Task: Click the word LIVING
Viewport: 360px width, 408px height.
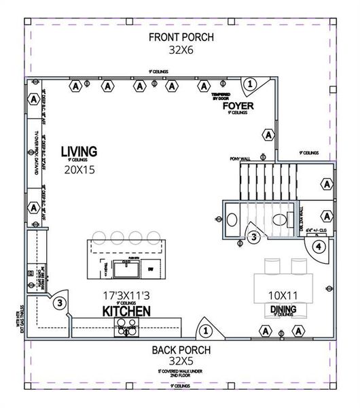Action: click(79, 151)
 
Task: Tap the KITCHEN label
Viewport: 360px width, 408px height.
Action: click(126, 311)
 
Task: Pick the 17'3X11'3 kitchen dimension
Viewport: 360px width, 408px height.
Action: click(126, 296)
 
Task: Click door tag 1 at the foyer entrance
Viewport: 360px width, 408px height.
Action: click(250, 84)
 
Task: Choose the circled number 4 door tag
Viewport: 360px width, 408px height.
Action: click(319, 246)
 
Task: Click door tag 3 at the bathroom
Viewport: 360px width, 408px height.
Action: click(253, 237)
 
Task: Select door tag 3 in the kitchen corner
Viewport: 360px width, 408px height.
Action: click(60, 303)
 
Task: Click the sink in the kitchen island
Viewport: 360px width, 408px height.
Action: click(126, 270)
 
